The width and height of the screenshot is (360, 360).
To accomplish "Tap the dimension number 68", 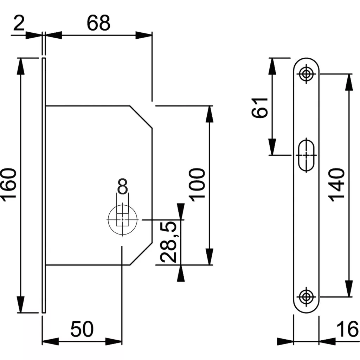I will tap(98, 23).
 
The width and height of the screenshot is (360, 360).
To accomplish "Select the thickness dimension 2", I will tap(20, 24).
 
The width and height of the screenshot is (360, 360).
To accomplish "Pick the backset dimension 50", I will tap(82, 329).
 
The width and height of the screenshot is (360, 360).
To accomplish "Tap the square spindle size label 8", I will tap(122, 187).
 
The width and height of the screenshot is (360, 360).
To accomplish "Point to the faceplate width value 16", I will tap(347, 329).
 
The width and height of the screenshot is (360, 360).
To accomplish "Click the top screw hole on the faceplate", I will tap(306, 74).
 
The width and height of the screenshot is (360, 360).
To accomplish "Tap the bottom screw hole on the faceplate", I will tap(306, 296).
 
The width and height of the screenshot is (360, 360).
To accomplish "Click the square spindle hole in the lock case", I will tap(122, 220).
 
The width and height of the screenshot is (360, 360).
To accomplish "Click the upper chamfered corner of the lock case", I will tap(141, 116).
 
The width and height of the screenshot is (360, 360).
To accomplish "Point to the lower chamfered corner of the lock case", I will tap(141, 253).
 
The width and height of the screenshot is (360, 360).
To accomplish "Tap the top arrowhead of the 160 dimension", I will tap(21, 65).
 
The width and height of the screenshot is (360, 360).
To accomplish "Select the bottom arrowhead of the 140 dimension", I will tap(349, 290).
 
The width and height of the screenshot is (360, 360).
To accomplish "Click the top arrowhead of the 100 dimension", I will tap(210, 113).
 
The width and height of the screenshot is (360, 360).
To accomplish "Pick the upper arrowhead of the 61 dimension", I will tap(272, 65).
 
